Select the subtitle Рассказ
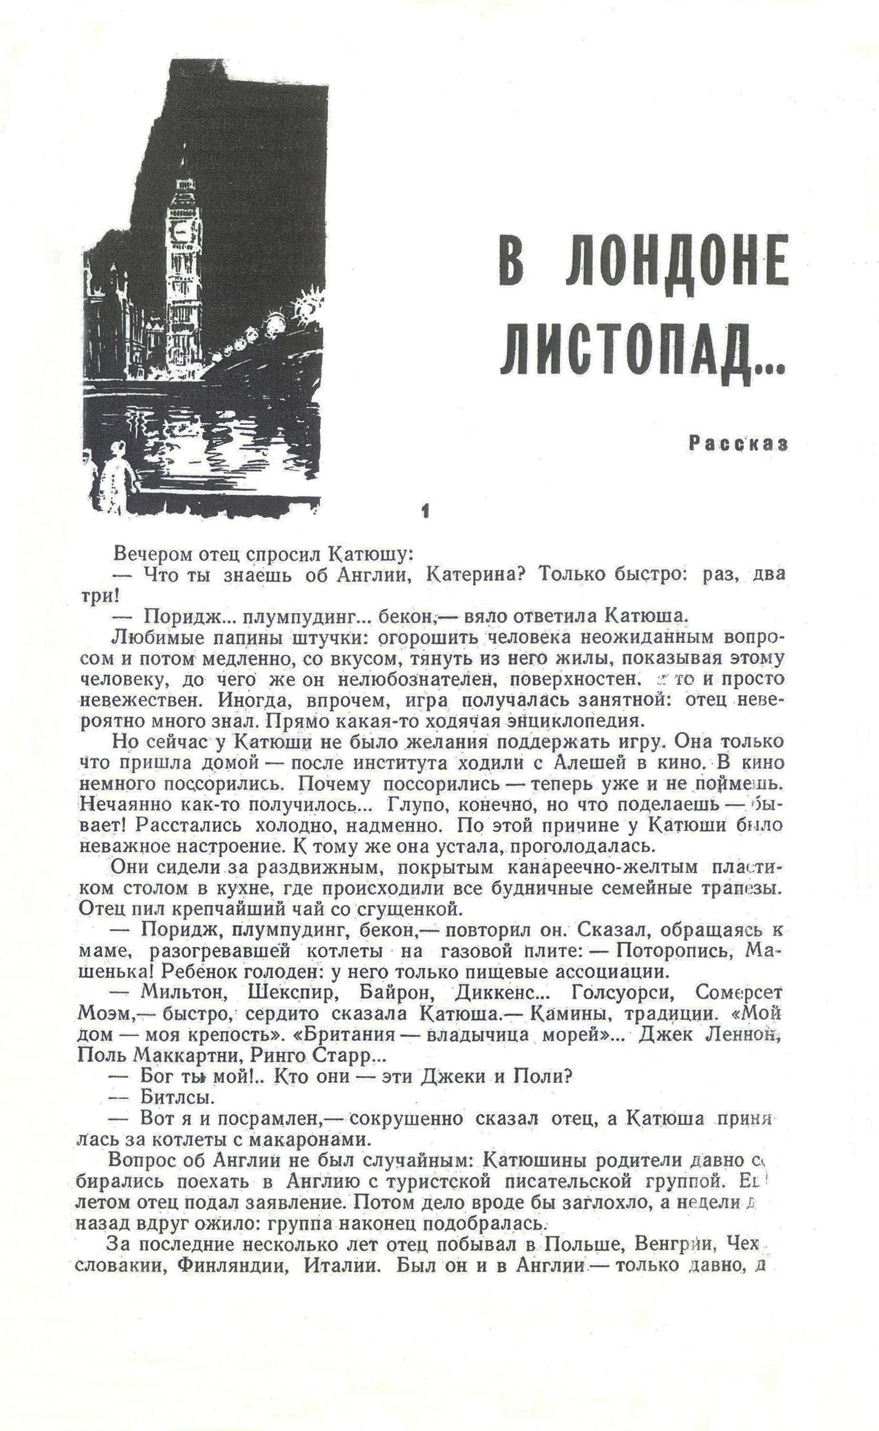(x=738, y=444)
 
